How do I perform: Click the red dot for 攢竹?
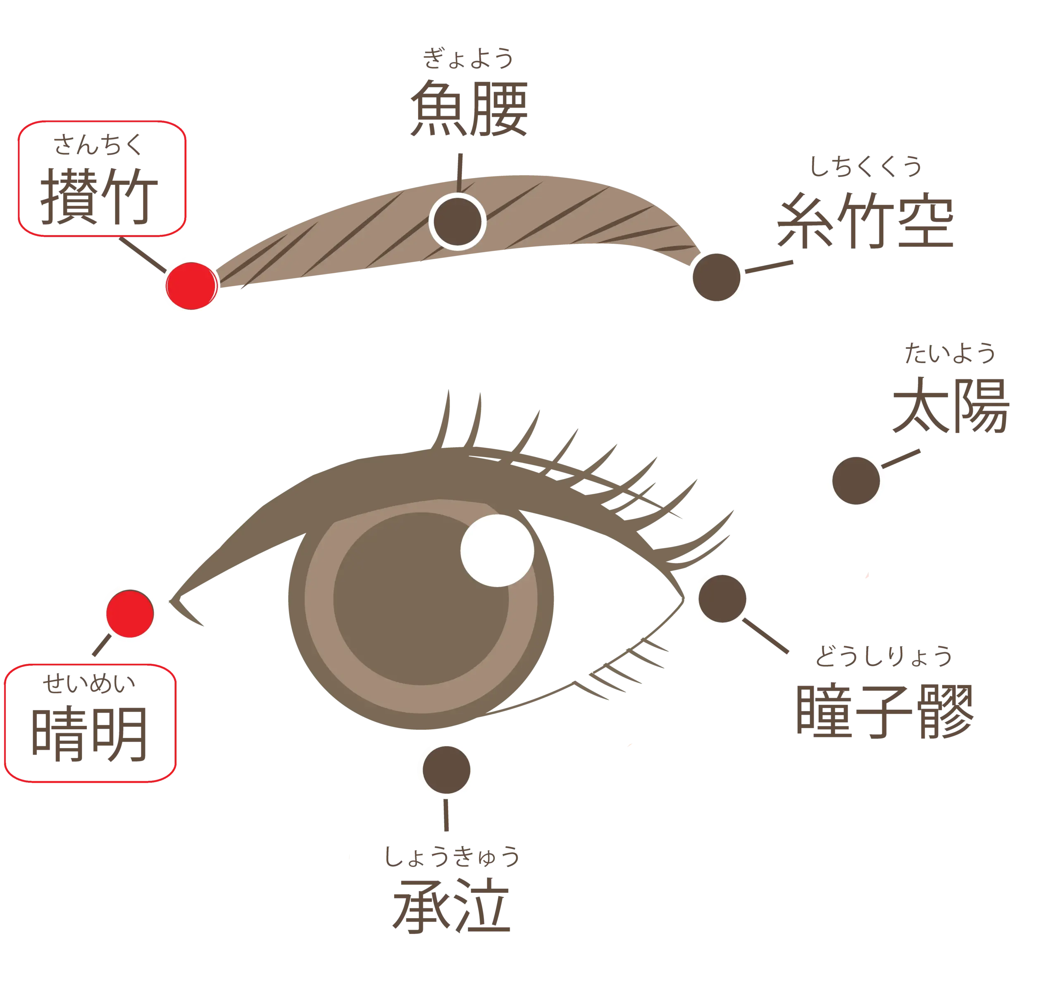(191, 286)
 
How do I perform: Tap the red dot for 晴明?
(130, 613)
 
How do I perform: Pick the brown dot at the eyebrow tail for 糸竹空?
(717, 277)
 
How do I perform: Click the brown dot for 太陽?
(856, 480)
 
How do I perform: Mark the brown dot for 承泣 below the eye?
(446, 770)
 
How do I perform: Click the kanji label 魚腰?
(469, 109)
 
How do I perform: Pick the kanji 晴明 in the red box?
(88, 735)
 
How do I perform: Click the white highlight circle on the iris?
(497, 551)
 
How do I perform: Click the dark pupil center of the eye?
(420, 599)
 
